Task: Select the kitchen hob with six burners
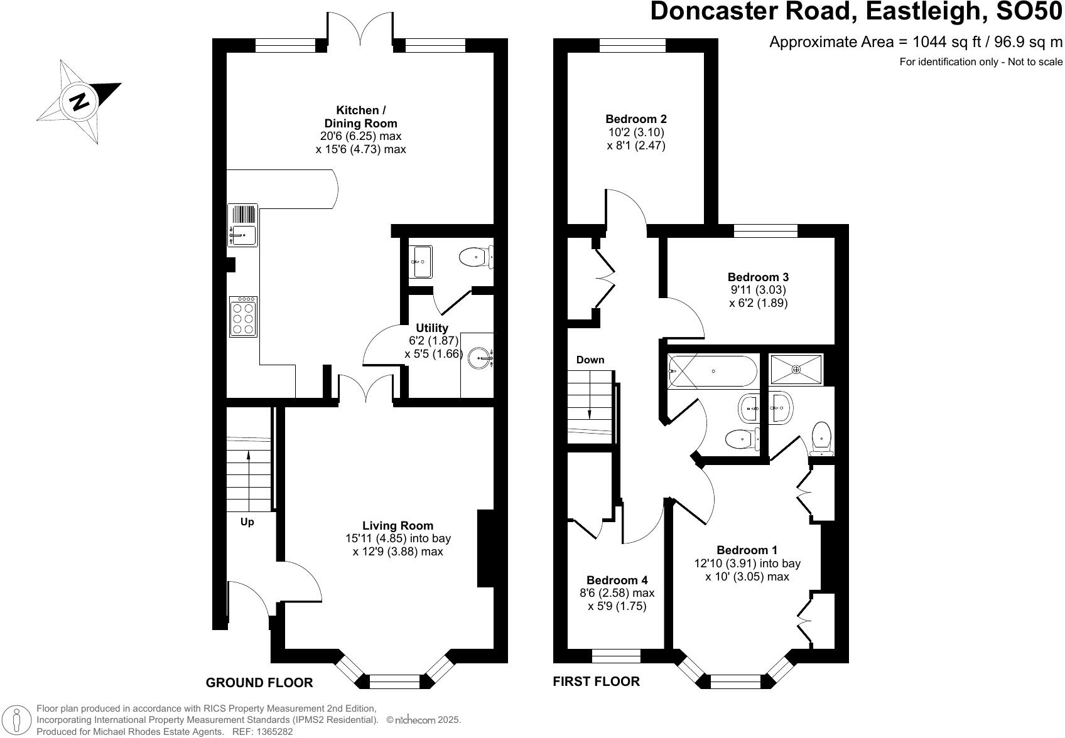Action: [243, 317]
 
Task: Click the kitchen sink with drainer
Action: [242, 225]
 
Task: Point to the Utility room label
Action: [432, 328]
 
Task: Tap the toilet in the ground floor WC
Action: [475, 257]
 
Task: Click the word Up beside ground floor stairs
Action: [247, 522]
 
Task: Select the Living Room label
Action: [397, 525]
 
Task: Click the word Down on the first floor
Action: [590, 360]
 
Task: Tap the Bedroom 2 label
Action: [636, 119]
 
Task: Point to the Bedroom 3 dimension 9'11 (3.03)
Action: [758, 290]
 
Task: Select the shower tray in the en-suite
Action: [796, 369]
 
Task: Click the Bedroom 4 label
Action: [617, 580]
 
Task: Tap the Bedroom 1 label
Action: [747, 550]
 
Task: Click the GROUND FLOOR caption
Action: [259, 683]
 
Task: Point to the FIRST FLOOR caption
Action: [596, 682]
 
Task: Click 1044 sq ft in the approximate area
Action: [938, 42]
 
